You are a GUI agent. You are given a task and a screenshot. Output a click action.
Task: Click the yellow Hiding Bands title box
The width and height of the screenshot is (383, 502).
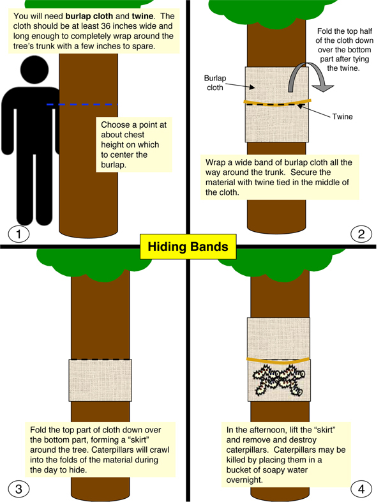click(x=188, y=247)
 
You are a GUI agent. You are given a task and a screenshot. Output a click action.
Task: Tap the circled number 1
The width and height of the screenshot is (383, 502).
click(x=19, y=234)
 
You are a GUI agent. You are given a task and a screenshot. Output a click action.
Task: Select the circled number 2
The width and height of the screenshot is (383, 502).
click(x=361, y=234)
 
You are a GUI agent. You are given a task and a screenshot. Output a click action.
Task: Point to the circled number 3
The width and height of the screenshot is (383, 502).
click(x=19, y=489)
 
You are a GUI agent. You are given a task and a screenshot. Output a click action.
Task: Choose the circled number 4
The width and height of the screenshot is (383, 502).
click(x=361, y=489)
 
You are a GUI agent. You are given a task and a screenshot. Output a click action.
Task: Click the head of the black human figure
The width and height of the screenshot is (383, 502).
click(x=34, y=70)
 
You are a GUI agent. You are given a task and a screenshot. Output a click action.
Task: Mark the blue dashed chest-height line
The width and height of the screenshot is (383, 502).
click(x=82, y=104)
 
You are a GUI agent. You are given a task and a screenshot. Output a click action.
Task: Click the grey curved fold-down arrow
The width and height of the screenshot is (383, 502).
click(x=308, y=77)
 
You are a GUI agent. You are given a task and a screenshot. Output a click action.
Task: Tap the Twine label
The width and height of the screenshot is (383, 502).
click(x=342, y=116)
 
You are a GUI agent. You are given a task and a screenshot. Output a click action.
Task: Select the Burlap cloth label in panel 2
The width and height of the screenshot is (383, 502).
click(x=215, y=83)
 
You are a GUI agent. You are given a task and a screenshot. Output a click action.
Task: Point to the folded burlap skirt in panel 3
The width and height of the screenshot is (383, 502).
click(x=100, y=380)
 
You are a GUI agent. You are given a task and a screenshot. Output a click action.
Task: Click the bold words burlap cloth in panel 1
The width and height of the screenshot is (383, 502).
click(x=89, y=16)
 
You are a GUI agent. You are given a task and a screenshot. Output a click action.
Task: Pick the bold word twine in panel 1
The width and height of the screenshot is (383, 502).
click(x=142, y=16)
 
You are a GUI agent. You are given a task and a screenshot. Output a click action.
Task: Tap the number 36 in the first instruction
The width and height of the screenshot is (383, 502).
click(x=105, y=26)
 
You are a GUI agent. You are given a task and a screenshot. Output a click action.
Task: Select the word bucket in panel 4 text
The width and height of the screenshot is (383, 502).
click(x=237, y=469)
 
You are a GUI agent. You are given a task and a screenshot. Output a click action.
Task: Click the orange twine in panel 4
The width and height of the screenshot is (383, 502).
click(x=278, y=360)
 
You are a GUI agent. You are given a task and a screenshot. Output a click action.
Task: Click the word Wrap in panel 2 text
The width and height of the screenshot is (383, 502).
click(x=215, y=163)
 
